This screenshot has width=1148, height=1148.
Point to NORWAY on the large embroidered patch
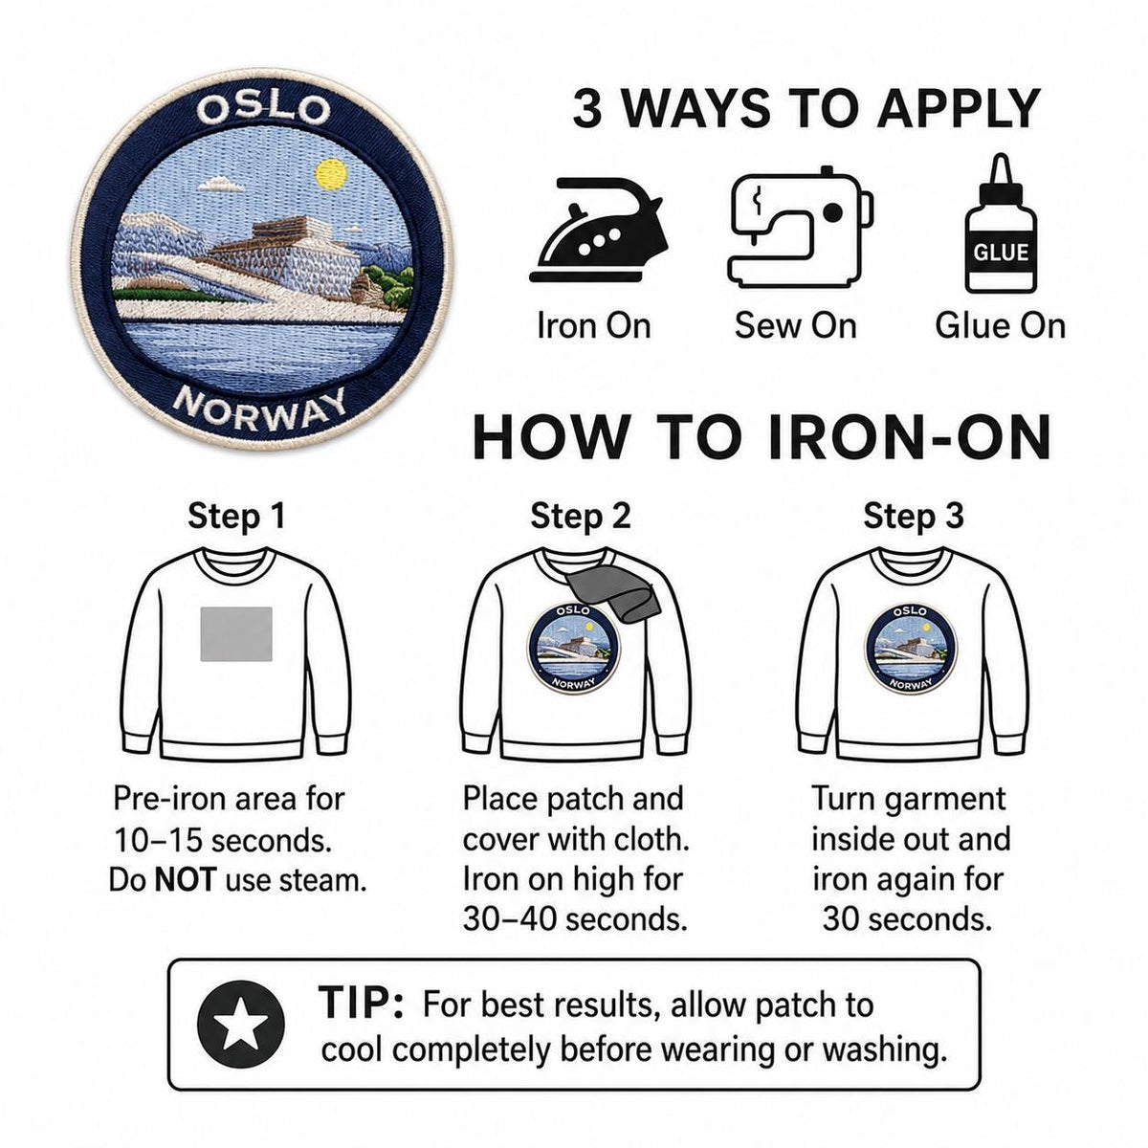(261, 407)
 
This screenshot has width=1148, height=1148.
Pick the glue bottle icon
(1001, 224)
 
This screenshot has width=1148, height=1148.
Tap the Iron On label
(593, 326)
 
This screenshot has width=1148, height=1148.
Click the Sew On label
(795, 326)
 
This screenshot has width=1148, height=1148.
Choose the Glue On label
(1000, 326)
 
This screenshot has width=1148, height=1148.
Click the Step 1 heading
(236, 516)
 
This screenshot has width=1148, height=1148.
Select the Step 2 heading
(581, 516)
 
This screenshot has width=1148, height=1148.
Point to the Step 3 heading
(914, 516)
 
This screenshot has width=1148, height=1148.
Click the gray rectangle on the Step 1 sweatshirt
(236, 634)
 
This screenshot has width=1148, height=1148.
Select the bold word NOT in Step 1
(185, 880)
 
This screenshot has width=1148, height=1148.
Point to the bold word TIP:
(361, 1003)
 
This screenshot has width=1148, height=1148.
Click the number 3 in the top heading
(586, 108)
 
